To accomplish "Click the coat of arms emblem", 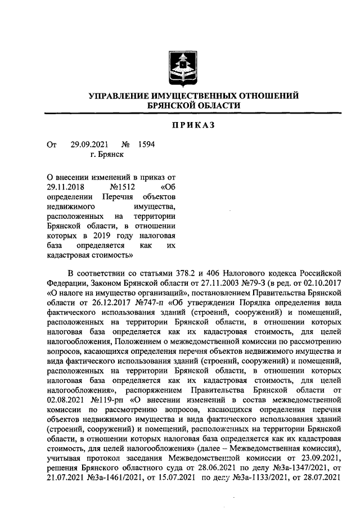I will (x=179, y=68).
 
